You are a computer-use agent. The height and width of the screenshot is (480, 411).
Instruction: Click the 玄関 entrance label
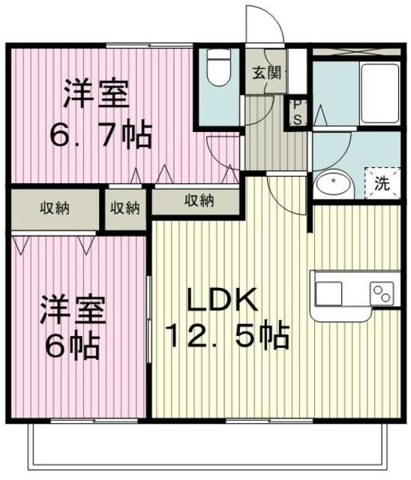(266, 73)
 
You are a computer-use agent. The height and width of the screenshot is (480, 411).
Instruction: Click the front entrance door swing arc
(267, 22)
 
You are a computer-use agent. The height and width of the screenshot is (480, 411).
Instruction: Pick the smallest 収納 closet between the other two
(126, 208)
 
